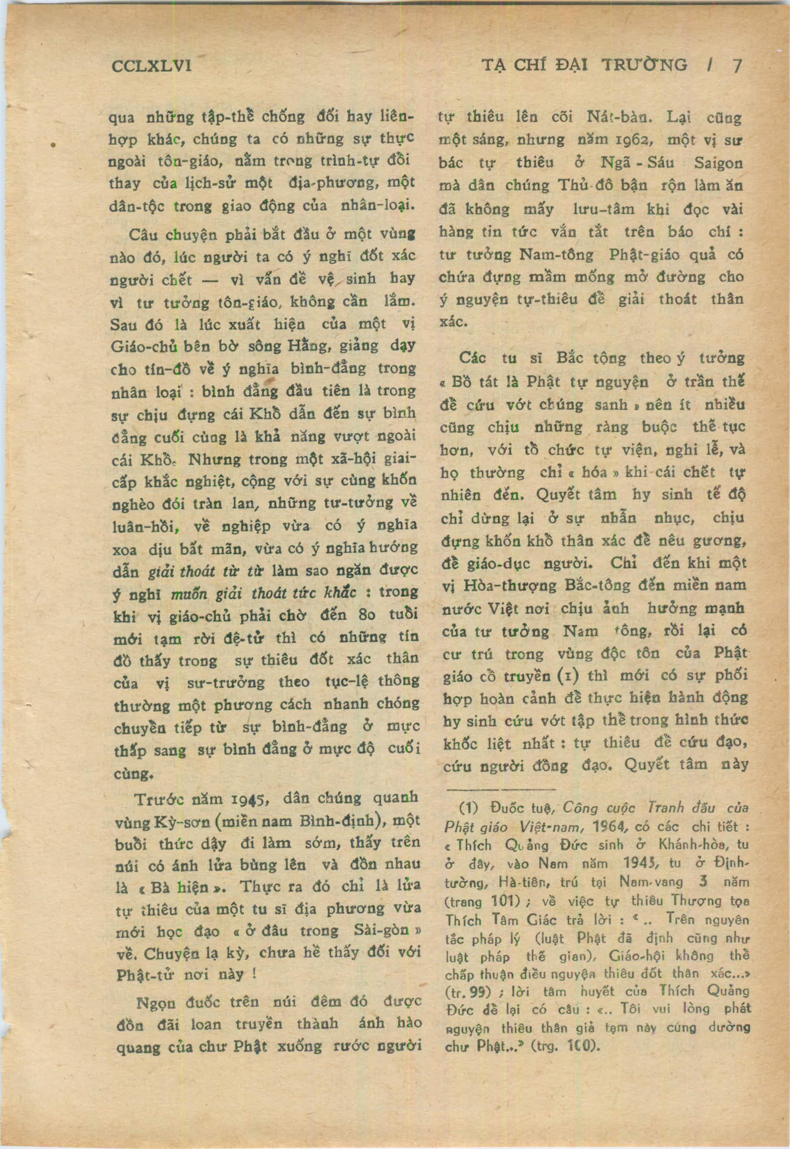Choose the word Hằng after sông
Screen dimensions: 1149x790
(x=306, y=345)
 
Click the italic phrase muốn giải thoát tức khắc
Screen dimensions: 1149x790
(x=264, y=593)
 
